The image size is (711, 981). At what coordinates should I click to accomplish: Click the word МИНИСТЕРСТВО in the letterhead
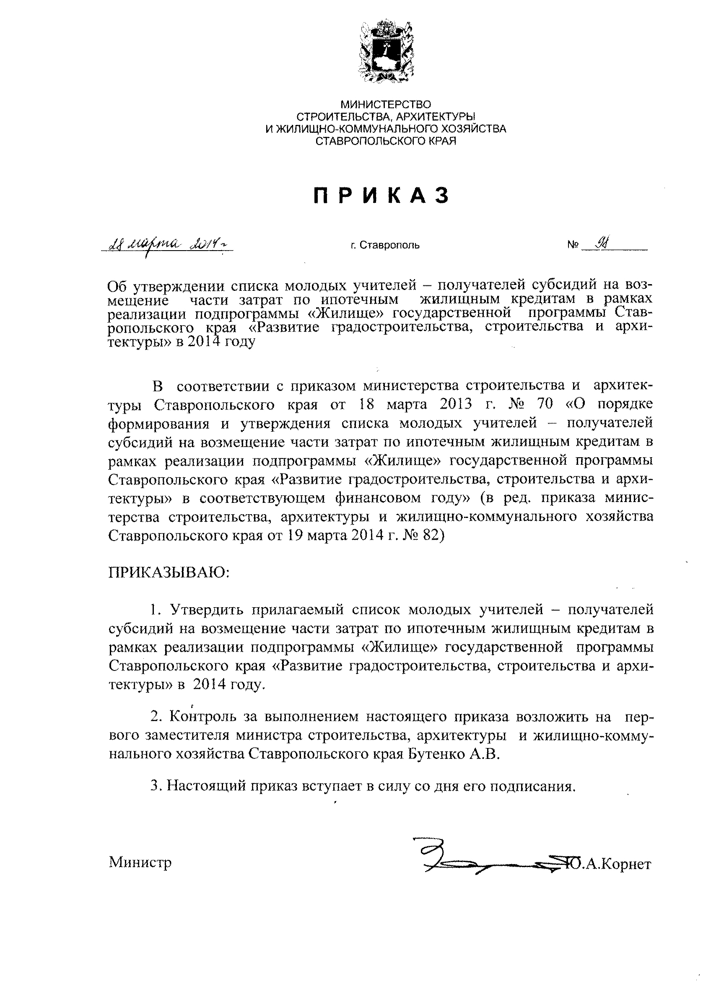386,104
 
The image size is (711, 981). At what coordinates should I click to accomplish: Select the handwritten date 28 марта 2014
166,245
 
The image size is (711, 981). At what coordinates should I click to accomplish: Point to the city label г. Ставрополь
385,246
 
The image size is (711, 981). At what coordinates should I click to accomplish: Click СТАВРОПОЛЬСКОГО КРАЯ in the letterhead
386,140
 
